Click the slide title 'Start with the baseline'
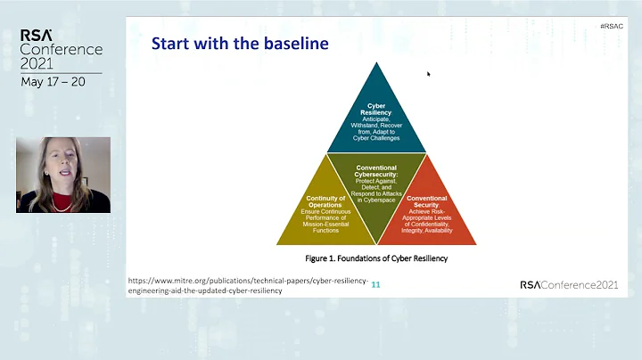pyautogui.click(x=240, y=43)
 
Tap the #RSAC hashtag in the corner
pyautogui.click(x=611, y=27)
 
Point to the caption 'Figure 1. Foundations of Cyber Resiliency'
pyautogui.click(x=374, y=258)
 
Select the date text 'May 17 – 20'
pyautogui.click(x=53, y=82)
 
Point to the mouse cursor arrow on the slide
pyautogui.click(x=429, y=74)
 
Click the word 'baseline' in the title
pyautogui.click(x=292, y=43)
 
